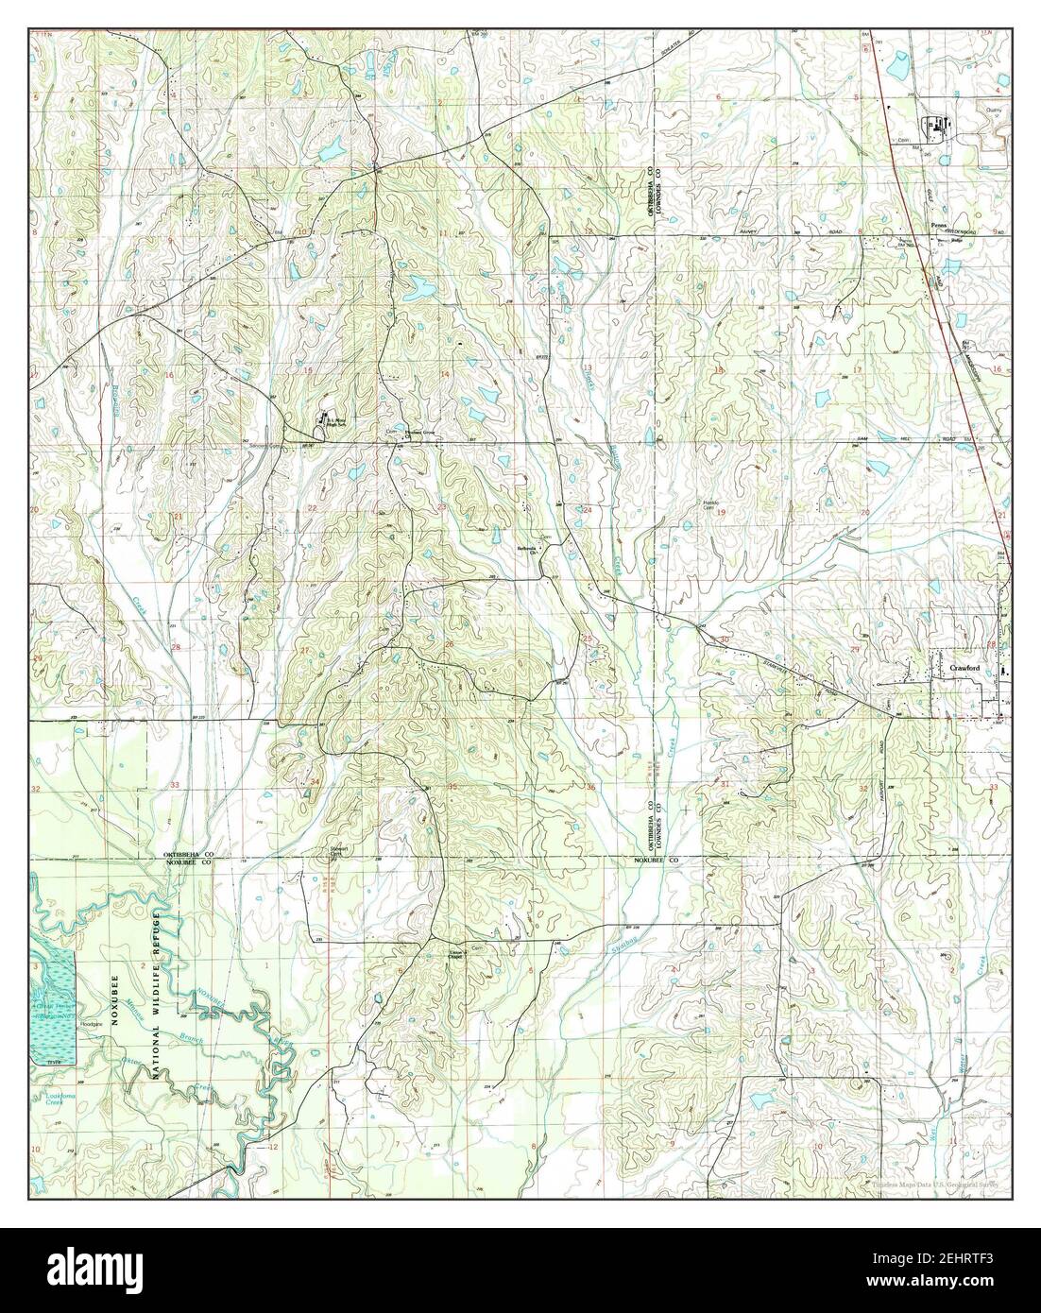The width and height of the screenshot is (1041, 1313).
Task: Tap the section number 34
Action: tap(315, 782)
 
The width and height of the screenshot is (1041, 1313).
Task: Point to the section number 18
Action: tap(720, 370)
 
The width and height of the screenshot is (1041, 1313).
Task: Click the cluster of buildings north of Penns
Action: tap(935, 124)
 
